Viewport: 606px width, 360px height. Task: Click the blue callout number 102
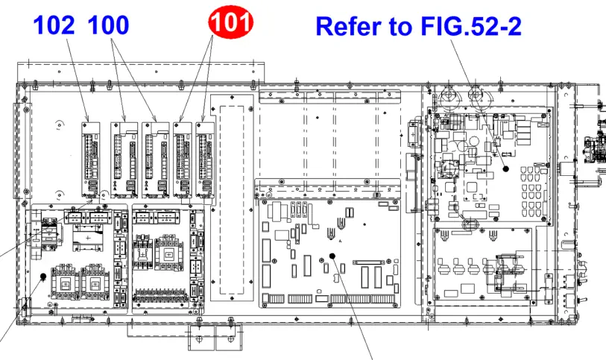(54, 25)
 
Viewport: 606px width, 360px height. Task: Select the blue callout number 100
(108, 25)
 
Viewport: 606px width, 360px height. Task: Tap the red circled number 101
(231, 22)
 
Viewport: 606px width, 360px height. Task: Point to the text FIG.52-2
(471, 26)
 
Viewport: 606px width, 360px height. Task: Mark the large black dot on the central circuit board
(332, 256)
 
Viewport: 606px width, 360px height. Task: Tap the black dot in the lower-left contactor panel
(43, 277)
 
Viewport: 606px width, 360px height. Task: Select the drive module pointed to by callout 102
(91, 160)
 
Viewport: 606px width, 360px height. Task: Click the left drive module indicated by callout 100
(124, 160)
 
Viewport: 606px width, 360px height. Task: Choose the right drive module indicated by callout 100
(155, 160)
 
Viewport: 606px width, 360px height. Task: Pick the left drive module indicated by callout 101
(183, 160)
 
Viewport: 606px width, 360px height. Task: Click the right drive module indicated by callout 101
(205, 160)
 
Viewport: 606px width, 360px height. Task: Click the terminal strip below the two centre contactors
(161, 295)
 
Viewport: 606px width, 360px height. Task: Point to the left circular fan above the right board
(448, 95)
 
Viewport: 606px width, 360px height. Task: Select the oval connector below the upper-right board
(470, 224)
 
